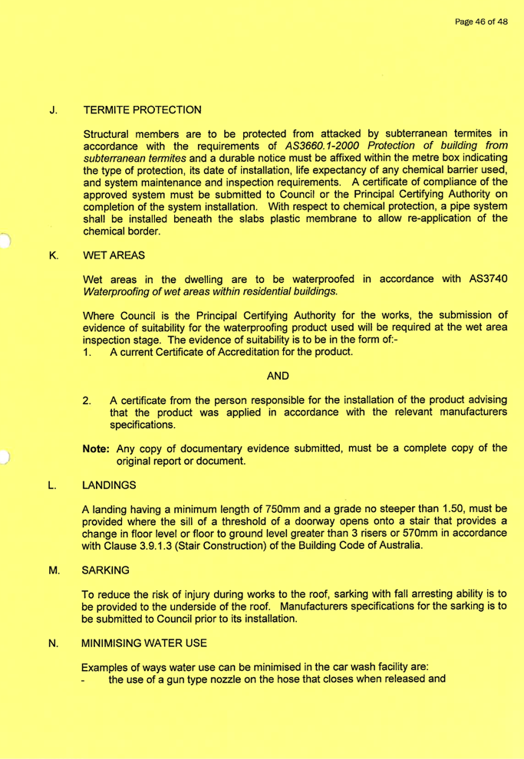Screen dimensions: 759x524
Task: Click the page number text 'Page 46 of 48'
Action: (481, 22)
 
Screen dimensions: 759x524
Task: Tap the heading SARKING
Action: (109, 570)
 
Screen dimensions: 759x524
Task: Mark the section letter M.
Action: (52, 570)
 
